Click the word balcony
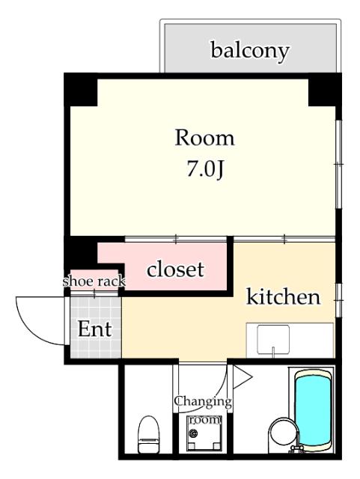pos(250,51)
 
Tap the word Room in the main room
pos(204,138)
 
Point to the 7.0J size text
pos(204,169)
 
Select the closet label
pos(175,269)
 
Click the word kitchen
pos(284,297)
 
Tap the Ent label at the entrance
pos(95,329)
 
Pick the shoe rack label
pos(93,281)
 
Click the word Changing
pos(202,401)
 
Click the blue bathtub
pos(313,407)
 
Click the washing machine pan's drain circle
pos(194,434)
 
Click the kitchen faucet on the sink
pos(275,351)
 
